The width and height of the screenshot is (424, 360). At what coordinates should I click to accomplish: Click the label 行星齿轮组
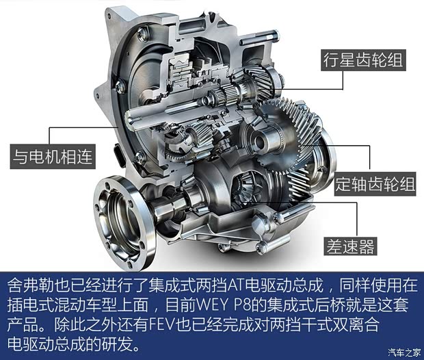click(x=363, y=60)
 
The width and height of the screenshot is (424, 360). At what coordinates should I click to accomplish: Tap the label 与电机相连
click(x=53, y=157)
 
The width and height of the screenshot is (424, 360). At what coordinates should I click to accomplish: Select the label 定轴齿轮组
click(x=375, y=184)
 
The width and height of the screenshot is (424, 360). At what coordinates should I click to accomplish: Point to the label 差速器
click(x=350, y=246)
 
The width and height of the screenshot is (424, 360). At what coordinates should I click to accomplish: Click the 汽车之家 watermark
click(x=405, y=352)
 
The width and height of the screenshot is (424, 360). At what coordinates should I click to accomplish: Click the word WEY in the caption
click(x=213, y=305)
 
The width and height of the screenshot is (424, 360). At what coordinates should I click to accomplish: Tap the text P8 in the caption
click(x=243, y=305)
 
